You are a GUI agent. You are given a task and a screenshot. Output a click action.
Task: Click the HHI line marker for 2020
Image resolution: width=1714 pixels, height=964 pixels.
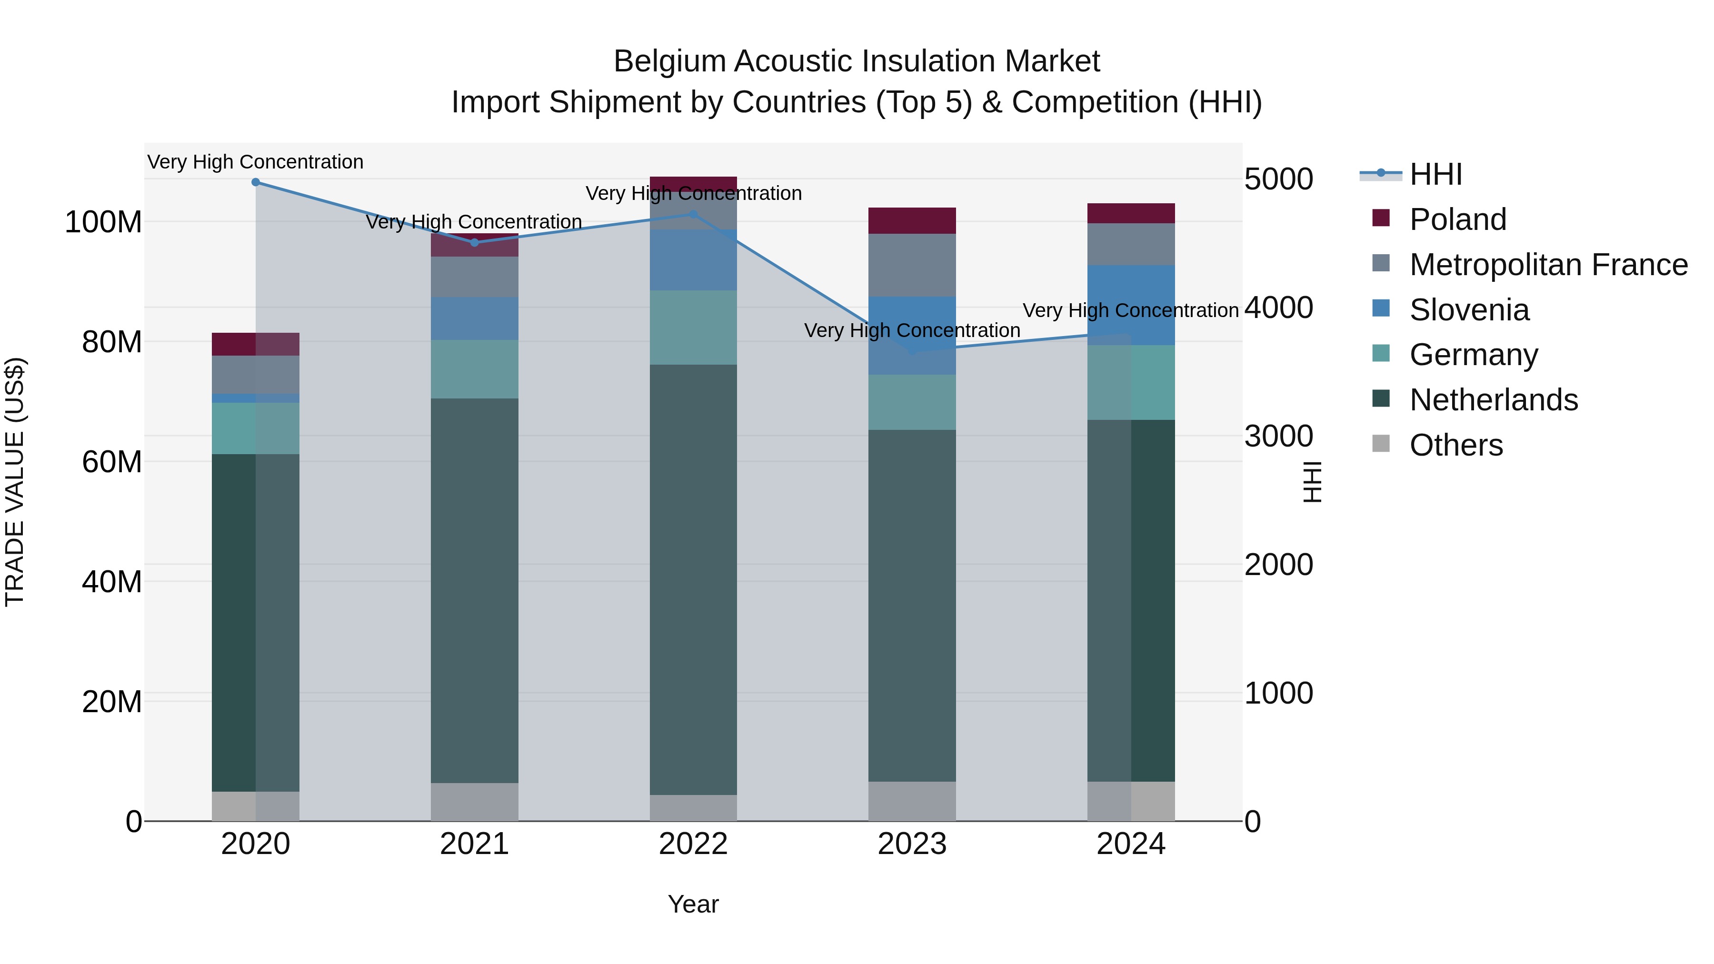256,182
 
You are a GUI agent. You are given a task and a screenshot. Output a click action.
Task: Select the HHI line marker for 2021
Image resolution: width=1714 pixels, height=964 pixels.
474,243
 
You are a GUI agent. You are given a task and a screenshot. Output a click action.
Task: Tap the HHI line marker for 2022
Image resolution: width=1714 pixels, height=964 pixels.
693,214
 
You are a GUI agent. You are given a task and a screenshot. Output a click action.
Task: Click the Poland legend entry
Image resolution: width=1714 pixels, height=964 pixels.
1457,219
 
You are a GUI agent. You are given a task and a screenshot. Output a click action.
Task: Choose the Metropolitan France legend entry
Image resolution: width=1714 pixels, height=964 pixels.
1548,265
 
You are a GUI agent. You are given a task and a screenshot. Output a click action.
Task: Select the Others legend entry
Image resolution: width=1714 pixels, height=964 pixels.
1456,445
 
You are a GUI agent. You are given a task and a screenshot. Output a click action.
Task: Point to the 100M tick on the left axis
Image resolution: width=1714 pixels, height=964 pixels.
103,222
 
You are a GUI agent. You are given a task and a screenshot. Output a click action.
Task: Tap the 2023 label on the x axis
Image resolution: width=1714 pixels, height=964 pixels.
912,844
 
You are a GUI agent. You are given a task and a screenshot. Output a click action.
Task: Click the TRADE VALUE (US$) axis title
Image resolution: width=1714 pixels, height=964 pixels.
15,482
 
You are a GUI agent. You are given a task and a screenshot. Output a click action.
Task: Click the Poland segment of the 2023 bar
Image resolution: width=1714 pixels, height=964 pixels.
912,220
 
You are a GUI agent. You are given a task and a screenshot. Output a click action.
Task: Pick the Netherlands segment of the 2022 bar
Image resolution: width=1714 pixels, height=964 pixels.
693,579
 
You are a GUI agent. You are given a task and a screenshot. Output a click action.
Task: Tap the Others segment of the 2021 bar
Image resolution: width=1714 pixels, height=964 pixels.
474,802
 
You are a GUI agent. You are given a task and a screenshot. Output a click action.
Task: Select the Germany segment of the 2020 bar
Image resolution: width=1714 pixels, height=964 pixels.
256,428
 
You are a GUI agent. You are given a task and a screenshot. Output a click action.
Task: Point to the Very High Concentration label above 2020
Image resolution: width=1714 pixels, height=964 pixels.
256,162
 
